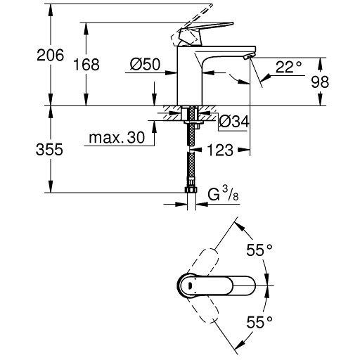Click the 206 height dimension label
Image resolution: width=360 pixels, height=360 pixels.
[50, 56]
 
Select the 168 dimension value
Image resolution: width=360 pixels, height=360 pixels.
[86, 65]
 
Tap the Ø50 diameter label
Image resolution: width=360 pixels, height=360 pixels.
[145, 64]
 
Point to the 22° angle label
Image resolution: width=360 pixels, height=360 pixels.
[288, 67]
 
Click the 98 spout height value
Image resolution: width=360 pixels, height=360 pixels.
[320, 82]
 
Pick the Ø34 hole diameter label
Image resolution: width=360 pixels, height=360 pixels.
[234, 122]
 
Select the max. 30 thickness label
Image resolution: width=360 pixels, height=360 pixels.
[117, 137]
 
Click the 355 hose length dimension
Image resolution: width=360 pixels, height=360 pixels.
[49, 149]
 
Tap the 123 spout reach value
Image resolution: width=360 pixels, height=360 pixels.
[220, 150]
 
